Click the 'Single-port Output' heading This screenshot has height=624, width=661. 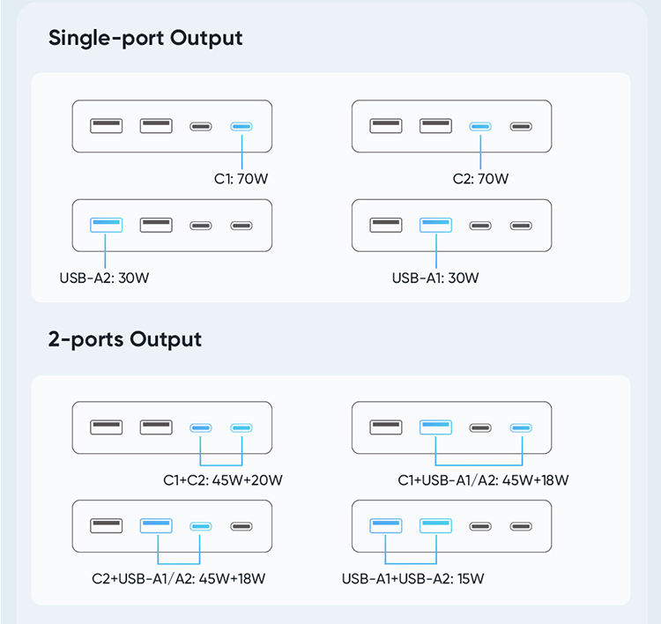145,39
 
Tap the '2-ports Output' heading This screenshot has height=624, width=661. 125,340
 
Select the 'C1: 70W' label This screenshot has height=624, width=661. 241,179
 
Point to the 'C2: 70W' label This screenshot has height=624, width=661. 480,179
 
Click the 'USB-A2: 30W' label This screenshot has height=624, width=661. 104,278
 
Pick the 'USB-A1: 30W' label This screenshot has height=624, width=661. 435,278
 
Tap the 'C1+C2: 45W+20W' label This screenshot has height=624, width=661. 223,479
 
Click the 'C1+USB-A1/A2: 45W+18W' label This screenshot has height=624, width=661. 483,479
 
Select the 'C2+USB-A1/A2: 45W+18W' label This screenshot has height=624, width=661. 178,578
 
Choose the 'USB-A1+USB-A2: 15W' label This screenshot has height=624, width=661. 412,578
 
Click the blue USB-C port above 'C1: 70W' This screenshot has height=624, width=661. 241,127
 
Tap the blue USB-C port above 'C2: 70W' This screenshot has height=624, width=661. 480,127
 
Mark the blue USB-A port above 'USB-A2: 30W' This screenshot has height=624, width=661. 107,225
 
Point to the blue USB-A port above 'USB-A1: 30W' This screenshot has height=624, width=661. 435,225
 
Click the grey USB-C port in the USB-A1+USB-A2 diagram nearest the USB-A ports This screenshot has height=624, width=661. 480,526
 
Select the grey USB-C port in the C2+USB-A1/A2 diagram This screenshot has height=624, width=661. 241,526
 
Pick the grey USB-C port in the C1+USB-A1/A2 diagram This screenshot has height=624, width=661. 480,428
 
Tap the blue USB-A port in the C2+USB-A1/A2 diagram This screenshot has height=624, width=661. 156,526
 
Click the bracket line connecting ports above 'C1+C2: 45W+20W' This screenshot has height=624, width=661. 221,465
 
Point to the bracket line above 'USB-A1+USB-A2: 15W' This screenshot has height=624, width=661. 411,563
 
